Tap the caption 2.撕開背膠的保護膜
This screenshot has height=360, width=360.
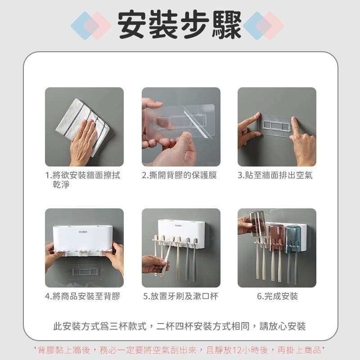point(179,175)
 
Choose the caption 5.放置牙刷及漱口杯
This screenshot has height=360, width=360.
point(181,296)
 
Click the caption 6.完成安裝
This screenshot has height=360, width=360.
point(277,296)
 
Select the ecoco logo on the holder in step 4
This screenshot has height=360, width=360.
point(83,232)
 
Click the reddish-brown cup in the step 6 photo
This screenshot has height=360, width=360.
point(276,237)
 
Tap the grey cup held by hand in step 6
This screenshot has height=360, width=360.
point(258,224)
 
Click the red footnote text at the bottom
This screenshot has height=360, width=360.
point(180,350)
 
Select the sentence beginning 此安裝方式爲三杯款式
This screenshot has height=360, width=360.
point(180,326)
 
